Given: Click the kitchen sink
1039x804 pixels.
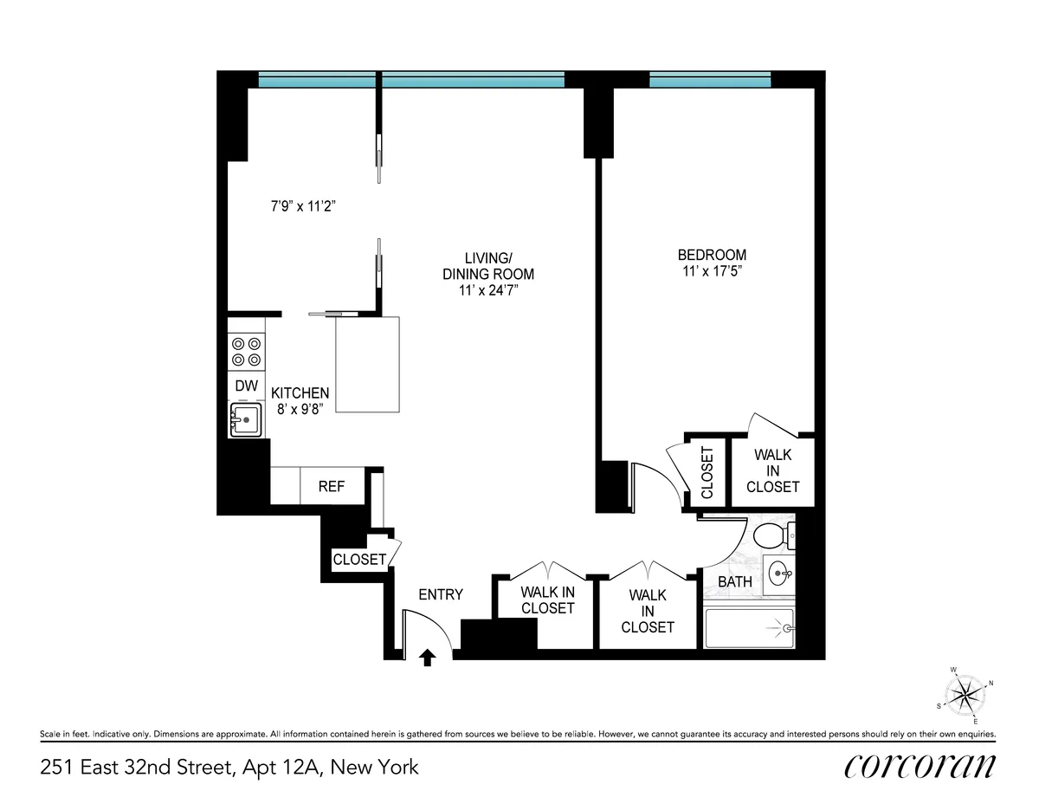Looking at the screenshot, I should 247,421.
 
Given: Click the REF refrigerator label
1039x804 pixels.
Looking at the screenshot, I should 331,487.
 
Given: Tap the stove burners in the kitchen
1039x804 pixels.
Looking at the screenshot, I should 245,351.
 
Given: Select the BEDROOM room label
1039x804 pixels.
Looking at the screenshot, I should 712,256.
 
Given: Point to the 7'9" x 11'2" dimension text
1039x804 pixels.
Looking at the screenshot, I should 300,206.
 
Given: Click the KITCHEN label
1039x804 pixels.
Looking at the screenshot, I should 300,393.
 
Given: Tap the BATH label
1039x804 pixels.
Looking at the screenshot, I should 734,582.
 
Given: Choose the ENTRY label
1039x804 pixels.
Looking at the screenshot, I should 441,594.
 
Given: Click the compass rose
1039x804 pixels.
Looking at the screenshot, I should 964,692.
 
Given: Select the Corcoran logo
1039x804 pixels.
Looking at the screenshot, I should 919,766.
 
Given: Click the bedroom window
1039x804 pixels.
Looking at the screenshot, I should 710,81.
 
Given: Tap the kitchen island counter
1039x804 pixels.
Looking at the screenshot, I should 367,365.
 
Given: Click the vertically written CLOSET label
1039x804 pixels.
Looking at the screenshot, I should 707,473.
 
